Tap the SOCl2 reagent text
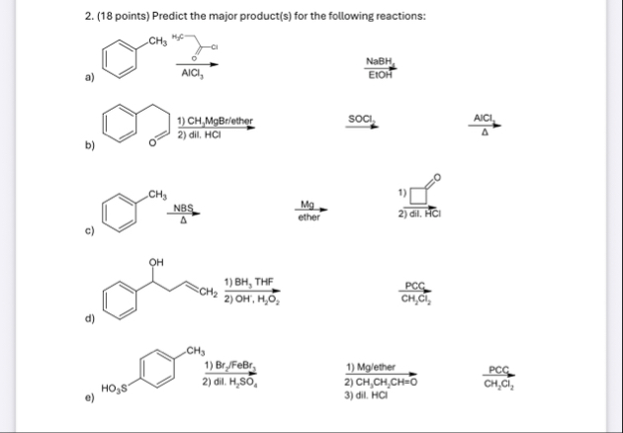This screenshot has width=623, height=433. (361, 120)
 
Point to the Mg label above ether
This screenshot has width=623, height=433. (308, 205)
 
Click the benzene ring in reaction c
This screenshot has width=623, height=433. (120, 210)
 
